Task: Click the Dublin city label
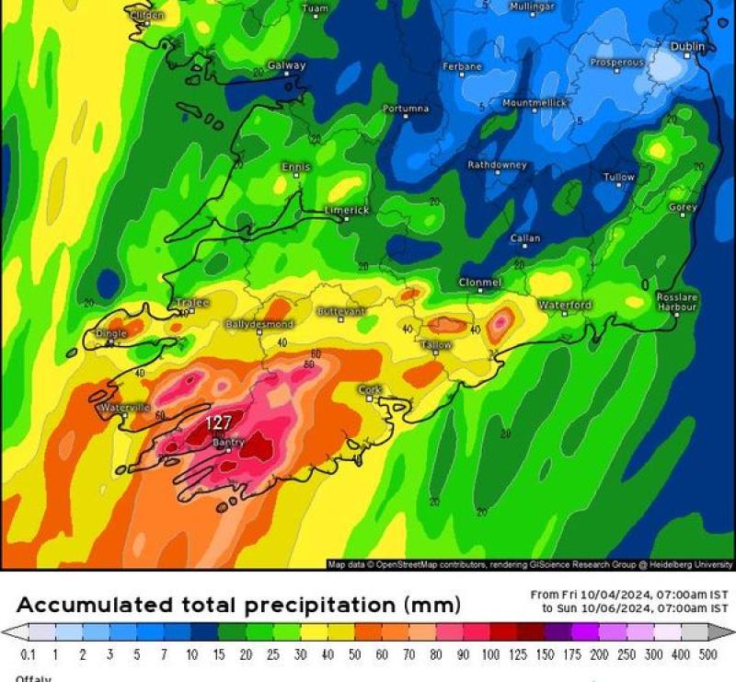click(687, 46)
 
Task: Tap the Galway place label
click(286, 66)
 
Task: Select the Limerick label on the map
click(347, 211)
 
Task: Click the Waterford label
click(565, 305)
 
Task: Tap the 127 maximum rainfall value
click(218, 422)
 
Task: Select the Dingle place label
click(110, 334)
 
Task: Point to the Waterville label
click(124, 407)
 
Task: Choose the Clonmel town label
click(480, 283)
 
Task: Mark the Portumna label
click(406, 109)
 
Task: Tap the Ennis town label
click(296, 167)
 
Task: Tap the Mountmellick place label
click(535, 103)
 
